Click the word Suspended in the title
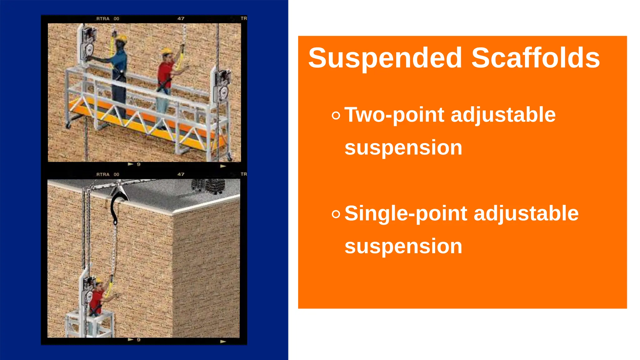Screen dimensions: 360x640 point(385,58)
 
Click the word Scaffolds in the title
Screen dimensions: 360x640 point(535,58)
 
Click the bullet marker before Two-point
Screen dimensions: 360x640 point(336,116)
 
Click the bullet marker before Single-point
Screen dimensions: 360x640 point(336,214)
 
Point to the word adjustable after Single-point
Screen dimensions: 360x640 point(526,214)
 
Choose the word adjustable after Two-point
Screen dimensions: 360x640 point(503,115)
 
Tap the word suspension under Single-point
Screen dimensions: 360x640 point(403,246)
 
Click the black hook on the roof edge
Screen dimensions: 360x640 point(116,206)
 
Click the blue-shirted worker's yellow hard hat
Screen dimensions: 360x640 point(121,38)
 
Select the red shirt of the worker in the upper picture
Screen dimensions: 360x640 point(165,72)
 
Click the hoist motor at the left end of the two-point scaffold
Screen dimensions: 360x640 point(88,44)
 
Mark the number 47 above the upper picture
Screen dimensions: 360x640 point(181,18)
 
